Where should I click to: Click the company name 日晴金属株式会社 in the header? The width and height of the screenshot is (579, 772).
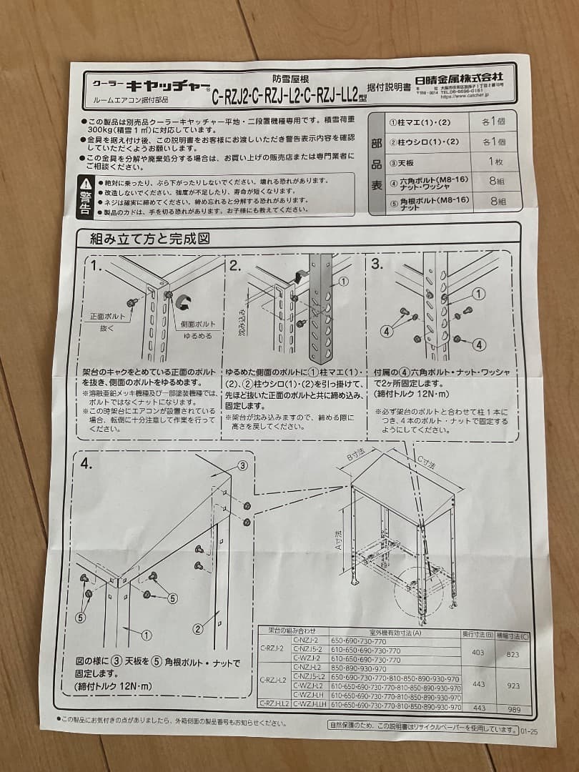460,76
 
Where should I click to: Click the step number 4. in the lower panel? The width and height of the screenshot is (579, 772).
86,464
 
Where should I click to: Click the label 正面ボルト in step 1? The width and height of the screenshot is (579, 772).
107,317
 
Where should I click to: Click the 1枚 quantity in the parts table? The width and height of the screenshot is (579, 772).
495,162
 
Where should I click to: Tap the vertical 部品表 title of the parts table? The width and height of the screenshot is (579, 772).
377,163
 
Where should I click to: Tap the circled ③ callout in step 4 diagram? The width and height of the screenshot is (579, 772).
242,465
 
